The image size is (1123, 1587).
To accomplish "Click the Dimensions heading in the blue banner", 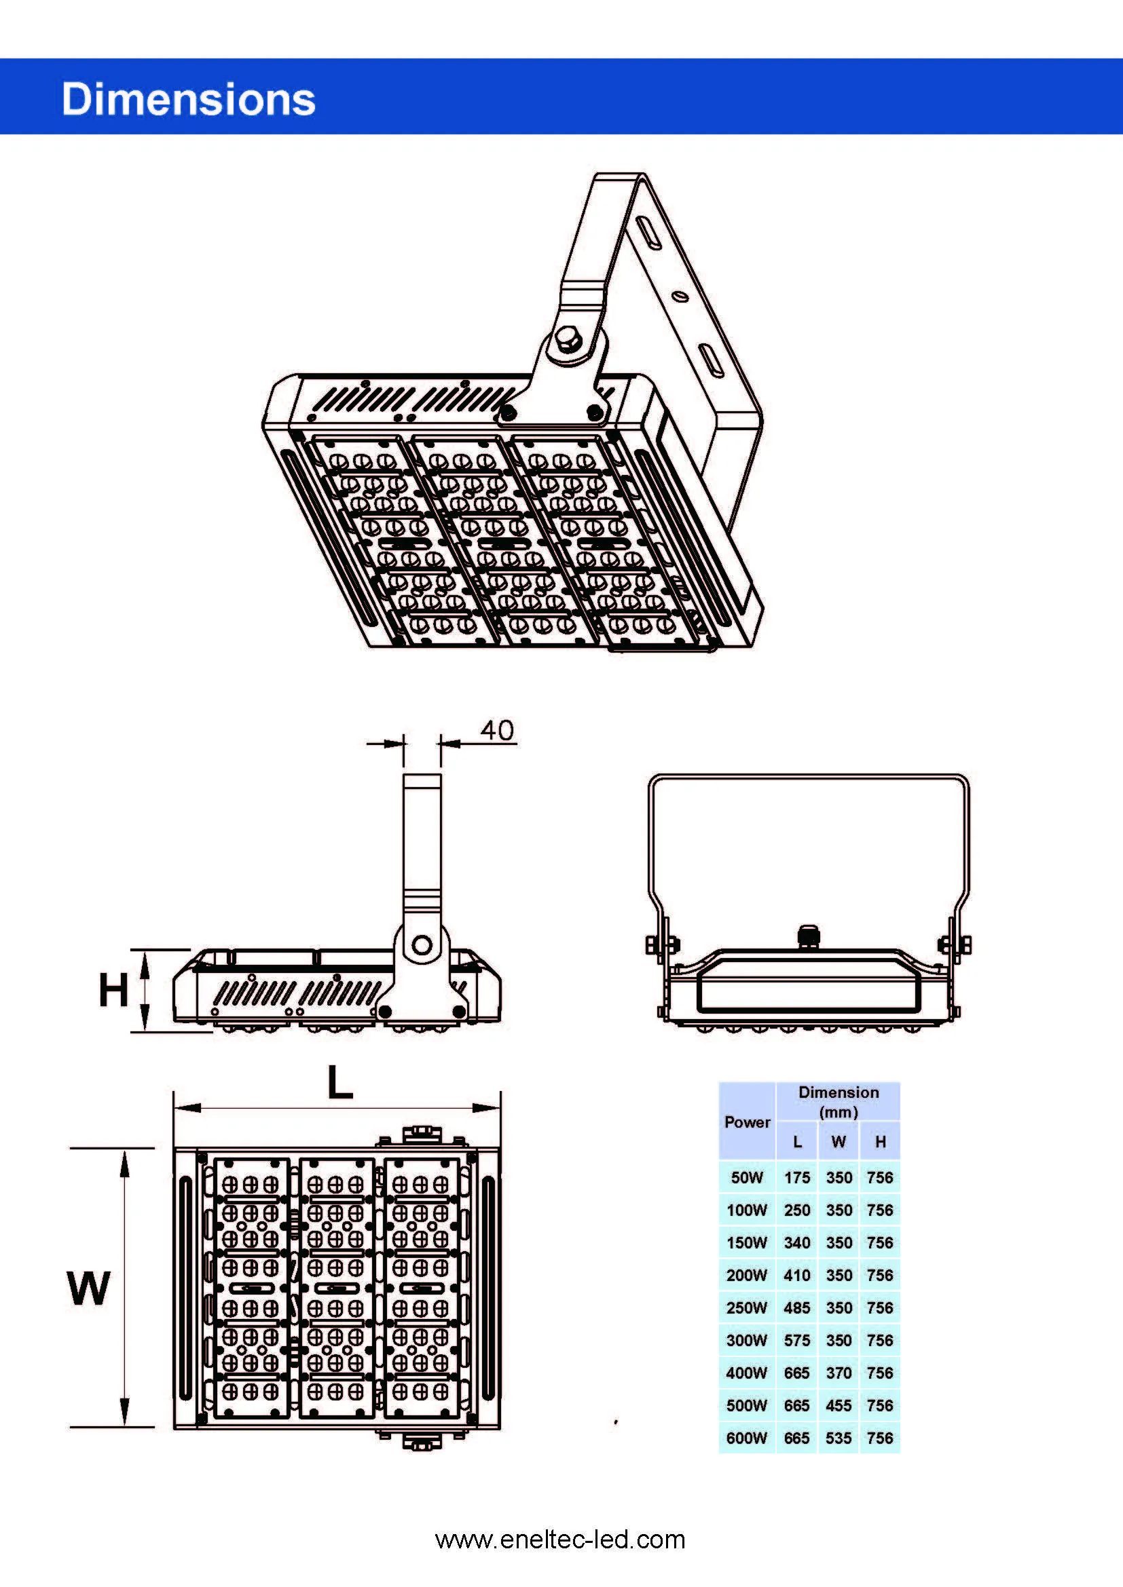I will tap(188, 99).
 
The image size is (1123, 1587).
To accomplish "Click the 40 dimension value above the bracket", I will tap(497, 731).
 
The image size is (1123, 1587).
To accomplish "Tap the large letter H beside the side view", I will tap(113, 990).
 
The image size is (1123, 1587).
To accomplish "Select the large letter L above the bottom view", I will tap(339, 1082).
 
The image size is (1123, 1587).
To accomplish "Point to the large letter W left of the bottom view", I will tap(88, 1288).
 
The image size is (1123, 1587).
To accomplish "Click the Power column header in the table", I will tap(747, 1122).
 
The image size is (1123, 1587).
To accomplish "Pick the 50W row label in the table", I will tap(747, 1177).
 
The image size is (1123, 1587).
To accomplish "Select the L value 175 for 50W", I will tap(796, 1177).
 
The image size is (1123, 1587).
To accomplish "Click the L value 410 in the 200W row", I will tap(796, 1276).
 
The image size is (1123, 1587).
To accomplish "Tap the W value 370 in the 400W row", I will tap(839, 1373).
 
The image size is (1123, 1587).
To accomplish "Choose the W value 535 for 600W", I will tap(839, 1438).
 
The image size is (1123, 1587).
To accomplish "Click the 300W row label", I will tap(747, 1340).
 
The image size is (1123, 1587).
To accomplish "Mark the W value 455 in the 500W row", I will tap(839, 1405).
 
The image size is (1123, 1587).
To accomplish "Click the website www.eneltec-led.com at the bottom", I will tap(560, 1540).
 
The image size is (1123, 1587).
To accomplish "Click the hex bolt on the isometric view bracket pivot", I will tap(567, 340).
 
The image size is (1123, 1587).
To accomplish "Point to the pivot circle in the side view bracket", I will tap(422, 945).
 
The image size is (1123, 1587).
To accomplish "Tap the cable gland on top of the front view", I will tap(809, 936).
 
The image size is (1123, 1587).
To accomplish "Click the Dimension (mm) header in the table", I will tap(838, 1102).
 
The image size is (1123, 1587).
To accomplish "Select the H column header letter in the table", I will tap(881, 1142).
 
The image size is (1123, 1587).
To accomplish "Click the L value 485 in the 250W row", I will tap(796, 1307).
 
